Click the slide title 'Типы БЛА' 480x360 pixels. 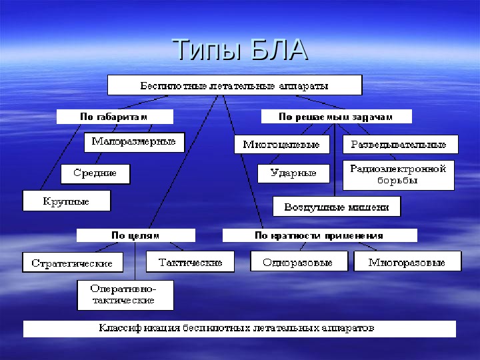pos(240,50)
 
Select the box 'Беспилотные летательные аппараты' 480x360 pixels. pos(235,85)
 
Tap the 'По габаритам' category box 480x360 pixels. pos(114,117)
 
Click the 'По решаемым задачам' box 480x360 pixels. pos(335,117)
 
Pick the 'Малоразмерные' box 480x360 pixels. pos(134,142)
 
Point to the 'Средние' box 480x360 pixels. pos(95,174)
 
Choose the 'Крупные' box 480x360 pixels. pos(66,201)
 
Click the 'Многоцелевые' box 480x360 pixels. pos(281,145)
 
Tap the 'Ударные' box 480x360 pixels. pos(293,173)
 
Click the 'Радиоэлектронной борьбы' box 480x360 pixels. pos(398,175)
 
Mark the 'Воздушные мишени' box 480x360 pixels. pos(337,207)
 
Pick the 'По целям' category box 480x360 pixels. pos(135,235)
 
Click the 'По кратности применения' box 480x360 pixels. pos(319,235)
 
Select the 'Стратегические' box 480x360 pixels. pos(73,263)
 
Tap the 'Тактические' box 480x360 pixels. pos(191,262)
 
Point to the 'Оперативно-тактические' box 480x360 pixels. pos(125,295)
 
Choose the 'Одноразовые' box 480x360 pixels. pos(298,261)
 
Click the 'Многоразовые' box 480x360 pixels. pos(407,261)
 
